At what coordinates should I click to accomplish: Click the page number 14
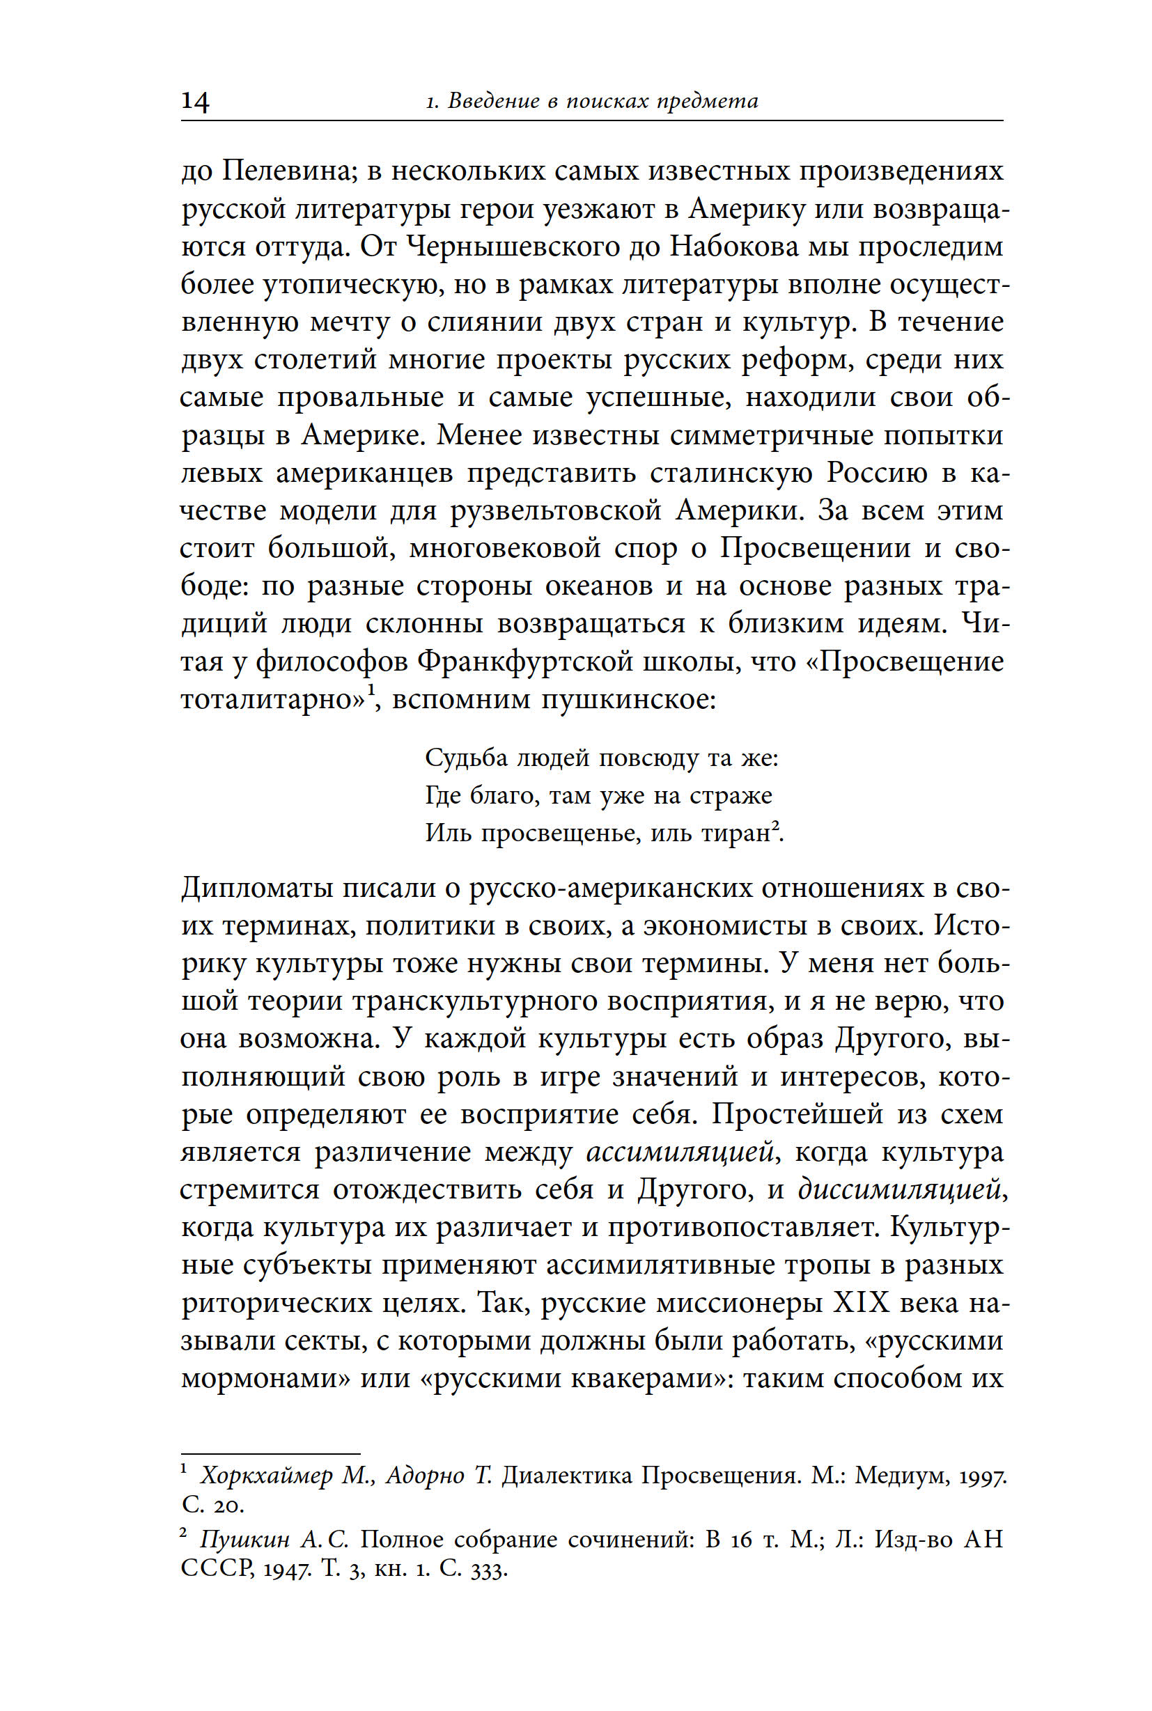(196, 101)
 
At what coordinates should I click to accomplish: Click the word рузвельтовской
(556, 510)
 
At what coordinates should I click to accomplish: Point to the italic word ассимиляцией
(680, 1152)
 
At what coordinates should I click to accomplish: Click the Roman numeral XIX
(862, 1302)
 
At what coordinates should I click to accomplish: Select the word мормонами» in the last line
(265, 1378)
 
